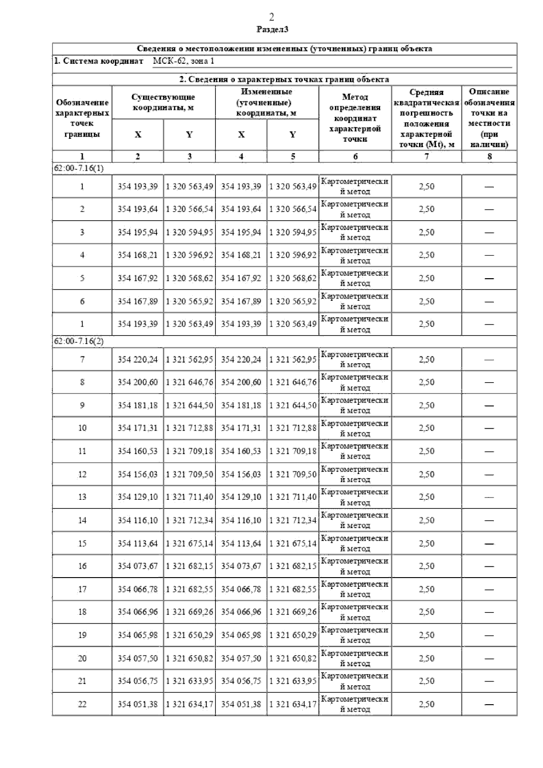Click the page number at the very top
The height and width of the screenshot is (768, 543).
point(271,17)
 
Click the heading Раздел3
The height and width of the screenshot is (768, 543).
point(272,30)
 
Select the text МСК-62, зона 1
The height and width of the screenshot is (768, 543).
point(183,61)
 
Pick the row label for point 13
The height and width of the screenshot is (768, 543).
point(82,497)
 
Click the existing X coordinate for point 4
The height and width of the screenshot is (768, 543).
point(138,255)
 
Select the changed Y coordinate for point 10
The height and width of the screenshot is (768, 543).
point(293,428)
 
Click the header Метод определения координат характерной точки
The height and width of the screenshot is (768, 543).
point(355,118)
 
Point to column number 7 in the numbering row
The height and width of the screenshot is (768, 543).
point(426,156)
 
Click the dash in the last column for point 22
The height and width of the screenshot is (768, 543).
point(489,704)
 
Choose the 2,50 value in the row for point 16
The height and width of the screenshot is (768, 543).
point(426,566)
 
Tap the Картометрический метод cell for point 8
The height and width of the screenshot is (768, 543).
point(355,382)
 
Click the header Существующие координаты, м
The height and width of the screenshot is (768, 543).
point(163,102)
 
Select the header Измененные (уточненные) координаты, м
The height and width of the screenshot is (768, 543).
point(267,102)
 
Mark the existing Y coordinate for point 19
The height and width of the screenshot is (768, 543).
point(189,635)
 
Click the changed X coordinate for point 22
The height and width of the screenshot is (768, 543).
point(241,704)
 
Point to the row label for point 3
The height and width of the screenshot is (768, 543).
point(82,232)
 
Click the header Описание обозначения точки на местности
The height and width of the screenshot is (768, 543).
point(489,118)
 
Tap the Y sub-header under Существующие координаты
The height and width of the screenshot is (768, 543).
point(189,135)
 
